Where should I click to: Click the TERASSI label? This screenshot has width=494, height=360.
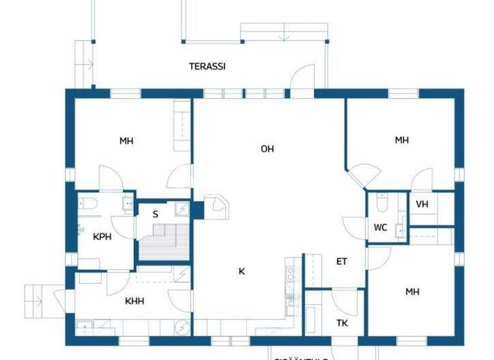(x=207, y=66)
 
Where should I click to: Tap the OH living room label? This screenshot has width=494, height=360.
(x=268, y=148)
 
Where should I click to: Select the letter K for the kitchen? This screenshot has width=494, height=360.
(x=242, y=271)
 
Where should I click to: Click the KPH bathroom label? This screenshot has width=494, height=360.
(x=102, y=237)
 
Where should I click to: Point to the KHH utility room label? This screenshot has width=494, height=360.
(x=134, y=301)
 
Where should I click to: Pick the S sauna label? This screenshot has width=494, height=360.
(x=155, y=215)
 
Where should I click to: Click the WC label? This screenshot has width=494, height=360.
(x=380, y=227)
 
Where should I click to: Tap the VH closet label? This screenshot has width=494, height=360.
(x=422, y=204)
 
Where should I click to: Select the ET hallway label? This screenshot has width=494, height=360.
(x=342, y=261)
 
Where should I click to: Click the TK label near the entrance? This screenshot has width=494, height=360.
(x=342, y=323)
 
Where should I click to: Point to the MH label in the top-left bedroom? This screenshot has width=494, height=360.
(x=126, y=141)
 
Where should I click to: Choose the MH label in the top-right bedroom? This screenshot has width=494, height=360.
(x=402, y=139)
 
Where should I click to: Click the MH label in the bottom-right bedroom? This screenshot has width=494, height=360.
(x=412, y=291)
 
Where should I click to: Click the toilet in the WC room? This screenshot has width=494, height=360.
(x=382, y=203)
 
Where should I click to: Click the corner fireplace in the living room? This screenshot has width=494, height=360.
(x=215, y=204)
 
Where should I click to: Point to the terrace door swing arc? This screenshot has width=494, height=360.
(x=301, y=81)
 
